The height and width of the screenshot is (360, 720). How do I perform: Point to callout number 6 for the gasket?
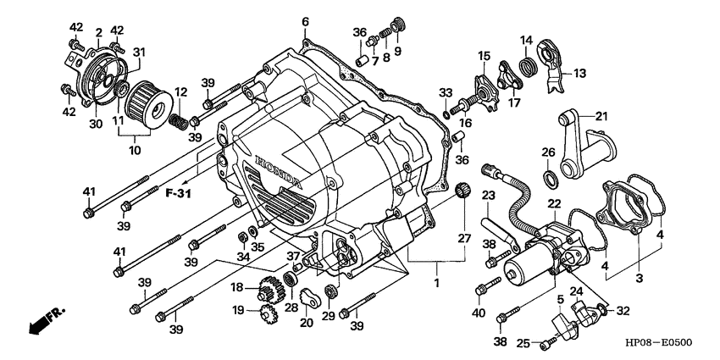coord(305,22)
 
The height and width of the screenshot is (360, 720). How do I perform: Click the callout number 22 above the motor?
coord(554,203)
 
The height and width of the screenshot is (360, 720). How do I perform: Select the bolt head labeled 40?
coord(482,289)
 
